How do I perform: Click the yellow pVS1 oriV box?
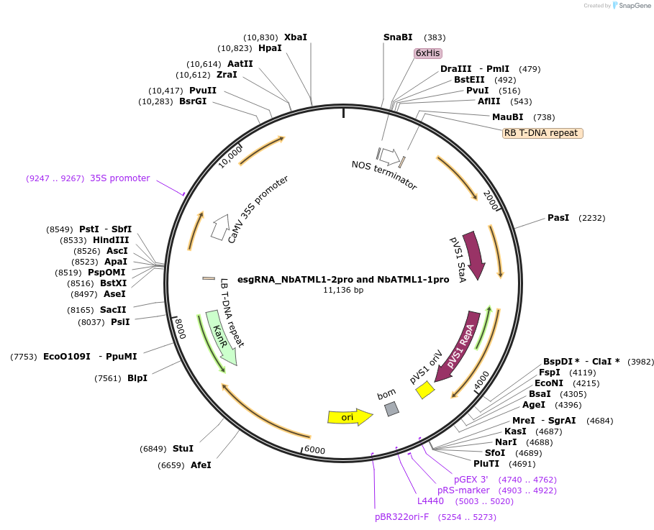[x=425, y=390]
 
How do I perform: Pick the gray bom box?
[x=391, y=408]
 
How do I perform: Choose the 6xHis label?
[x=427, y=53]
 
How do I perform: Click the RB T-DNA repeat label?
[x=542, y=133]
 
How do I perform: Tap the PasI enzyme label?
[x=558, y=217]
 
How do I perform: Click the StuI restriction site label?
[x=183, y=449]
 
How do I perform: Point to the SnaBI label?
[x=398, y=37]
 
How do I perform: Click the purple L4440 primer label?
[x=430, y=501]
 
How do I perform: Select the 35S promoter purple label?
[x=120, y=178]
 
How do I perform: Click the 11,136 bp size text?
[x=343, y=291]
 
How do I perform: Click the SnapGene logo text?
[x=632, y=6]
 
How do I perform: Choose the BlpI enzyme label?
[x=137, y=378]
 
